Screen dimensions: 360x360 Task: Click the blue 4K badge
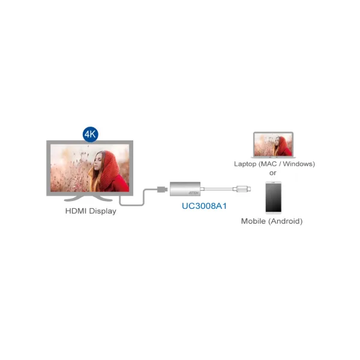coord(91,134)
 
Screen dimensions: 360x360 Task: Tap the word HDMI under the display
coord(76,211)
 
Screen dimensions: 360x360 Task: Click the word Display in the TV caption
coord(103,211)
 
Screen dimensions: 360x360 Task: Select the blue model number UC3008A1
coord(204,206)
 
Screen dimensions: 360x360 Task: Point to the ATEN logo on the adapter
coord(194,193)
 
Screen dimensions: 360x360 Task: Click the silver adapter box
coord(185,189)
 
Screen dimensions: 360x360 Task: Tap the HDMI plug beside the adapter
coord(162,190)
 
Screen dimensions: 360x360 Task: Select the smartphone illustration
coord(274,197)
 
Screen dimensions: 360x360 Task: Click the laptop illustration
coord(273,145)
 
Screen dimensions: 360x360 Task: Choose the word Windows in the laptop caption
coord(298,164)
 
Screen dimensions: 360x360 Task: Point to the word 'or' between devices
coord(273,173)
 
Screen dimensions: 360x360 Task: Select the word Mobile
coord(253,221)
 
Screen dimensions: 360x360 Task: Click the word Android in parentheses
coord(286,221)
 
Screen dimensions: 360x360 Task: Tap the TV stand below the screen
coord(88,199)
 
